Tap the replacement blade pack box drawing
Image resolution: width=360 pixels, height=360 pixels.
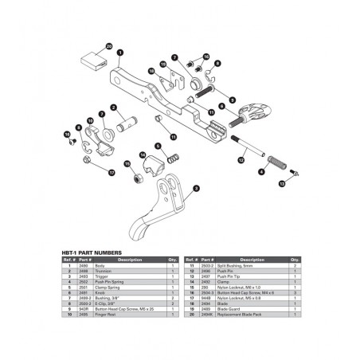coord(94,60)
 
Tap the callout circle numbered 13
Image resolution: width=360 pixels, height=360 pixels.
coord(281,182)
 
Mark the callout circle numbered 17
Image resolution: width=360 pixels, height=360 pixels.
coord(112,172)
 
